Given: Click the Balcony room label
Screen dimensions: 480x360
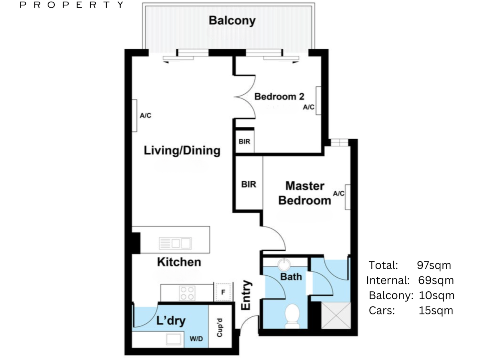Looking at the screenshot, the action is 232,21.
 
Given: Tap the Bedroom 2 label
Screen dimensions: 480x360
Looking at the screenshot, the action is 279,97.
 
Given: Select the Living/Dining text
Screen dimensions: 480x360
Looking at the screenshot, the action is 182,151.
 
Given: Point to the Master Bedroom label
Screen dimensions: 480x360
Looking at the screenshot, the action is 305,193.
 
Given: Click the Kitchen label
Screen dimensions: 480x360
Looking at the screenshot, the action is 179,262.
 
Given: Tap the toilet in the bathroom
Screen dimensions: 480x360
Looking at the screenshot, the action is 292,316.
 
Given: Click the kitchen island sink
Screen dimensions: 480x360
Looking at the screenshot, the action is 175,243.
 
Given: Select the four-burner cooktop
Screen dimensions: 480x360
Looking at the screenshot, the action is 187,293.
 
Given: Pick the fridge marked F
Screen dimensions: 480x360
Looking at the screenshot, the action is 223,292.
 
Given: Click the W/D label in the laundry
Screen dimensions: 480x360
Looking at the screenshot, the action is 196,339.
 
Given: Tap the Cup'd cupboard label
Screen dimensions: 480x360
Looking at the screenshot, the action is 219,328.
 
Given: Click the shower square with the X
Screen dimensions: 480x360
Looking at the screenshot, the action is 336,316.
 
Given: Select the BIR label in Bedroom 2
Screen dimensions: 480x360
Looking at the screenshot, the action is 244,142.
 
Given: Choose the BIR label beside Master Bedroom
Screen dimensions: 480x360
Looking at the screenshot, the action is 249,184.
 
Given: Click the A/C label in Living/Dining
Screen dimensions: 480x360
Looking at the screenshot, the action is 146,116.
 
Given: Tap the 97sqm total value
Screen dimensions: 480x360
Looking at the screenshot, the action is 434,265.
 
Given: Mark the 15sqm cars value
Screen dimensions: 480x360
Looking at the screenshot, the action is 436,311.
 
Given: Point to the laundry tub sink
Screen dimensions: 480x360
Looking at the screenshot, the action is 174,340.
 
